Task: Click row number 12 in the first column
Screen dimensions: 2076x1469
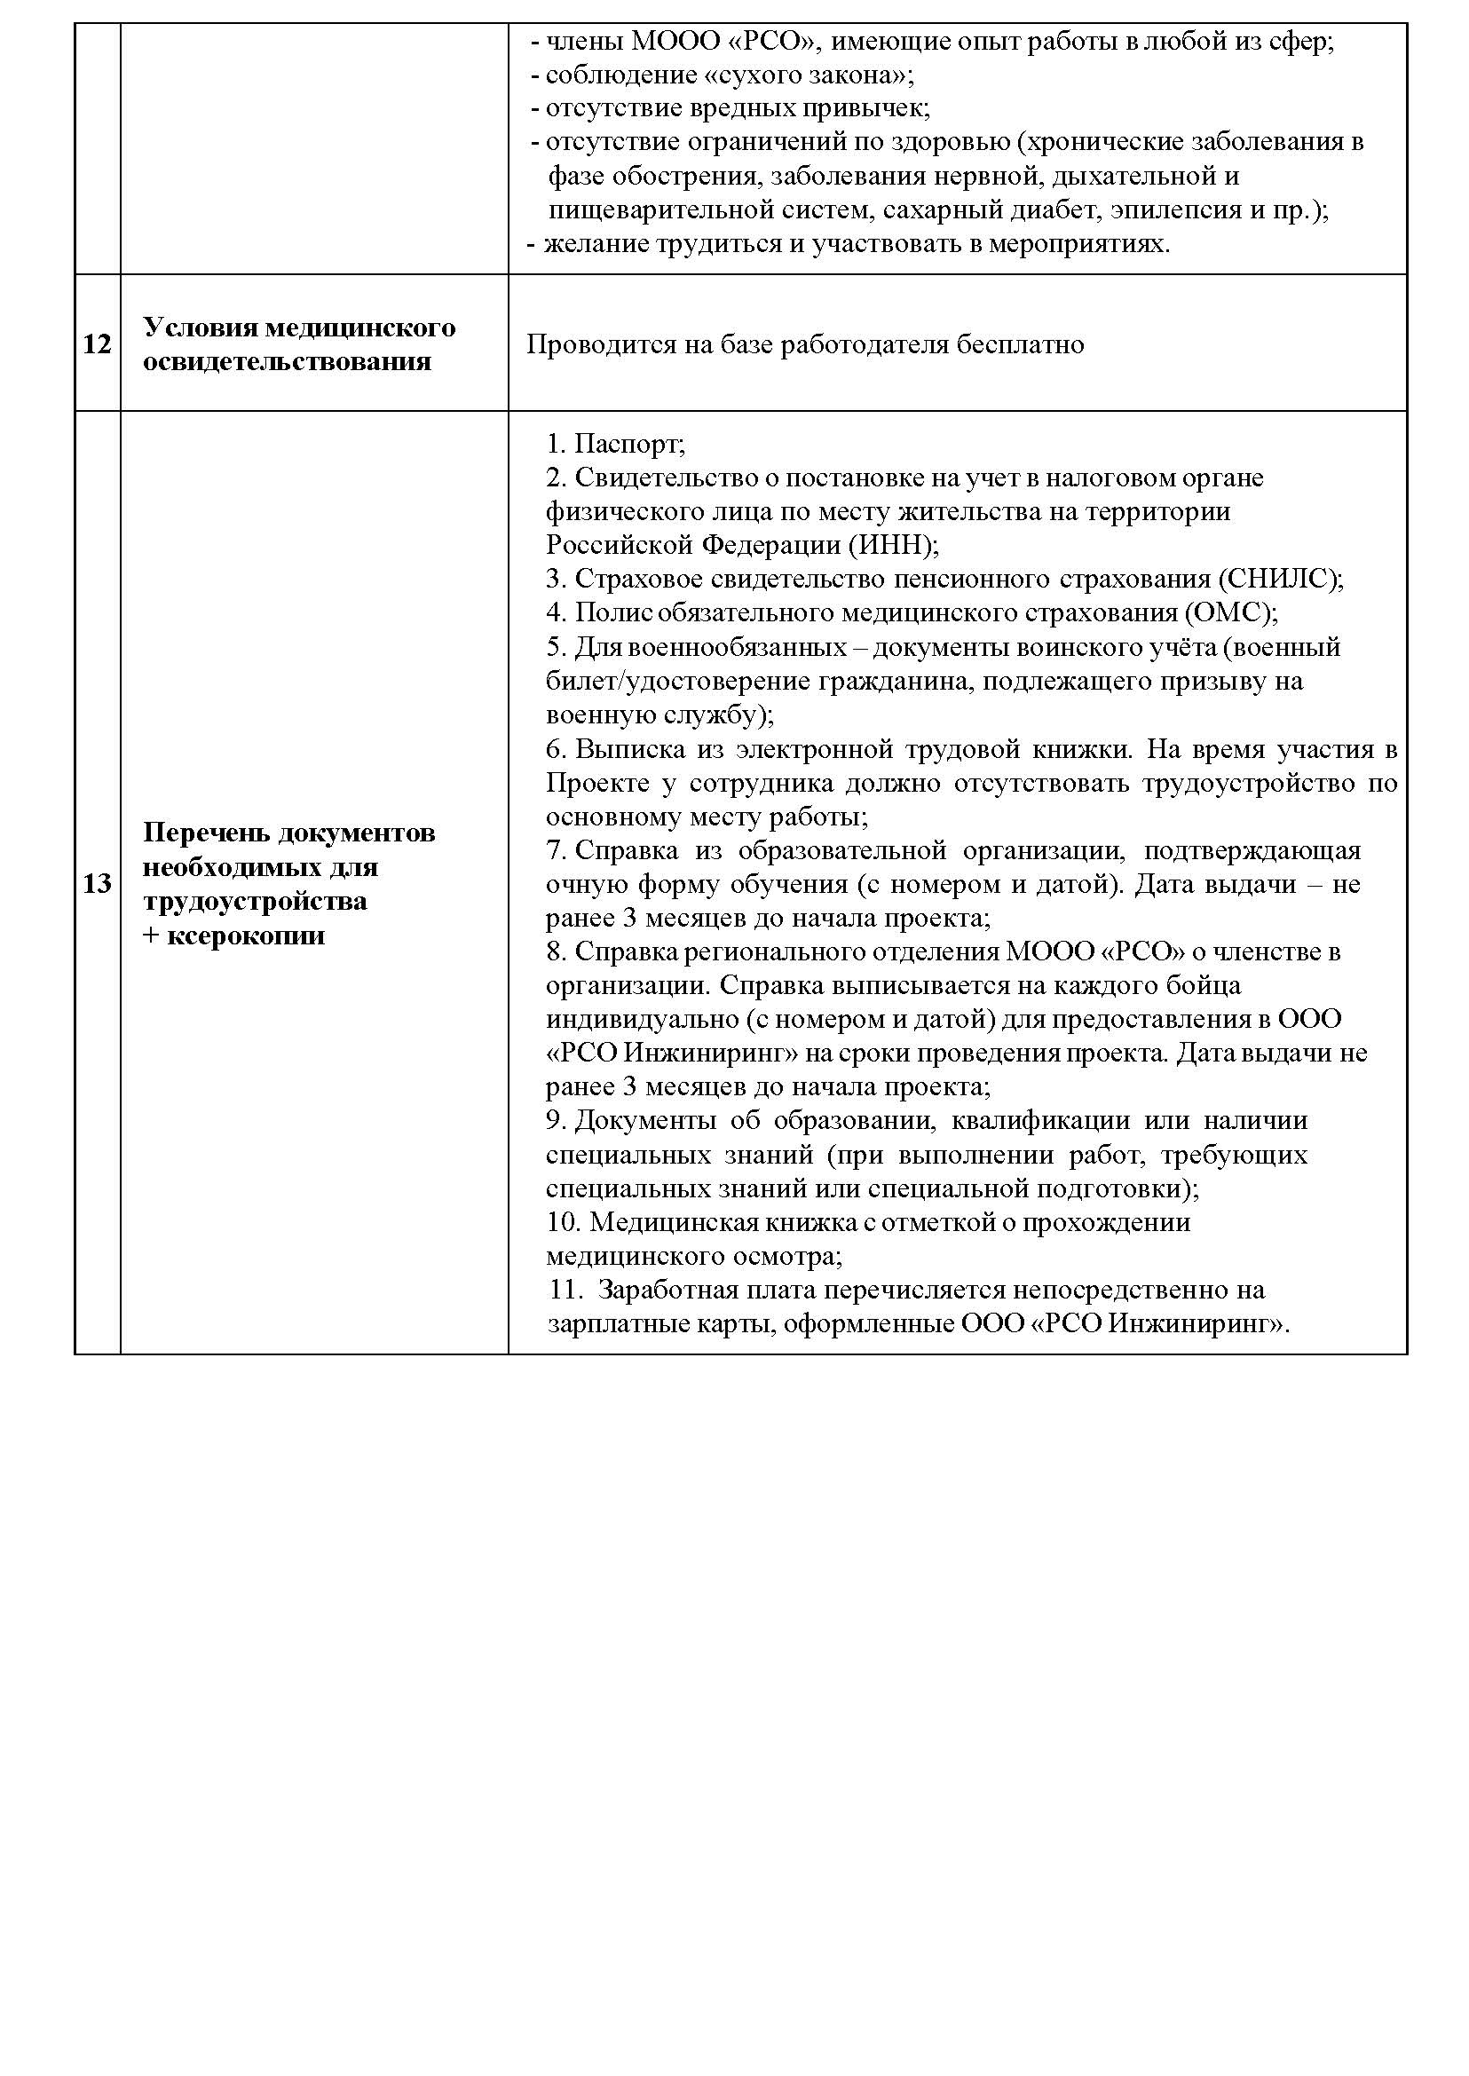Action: [97, 344]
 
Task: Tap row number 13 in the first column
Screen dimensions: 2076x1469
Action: [97, 883]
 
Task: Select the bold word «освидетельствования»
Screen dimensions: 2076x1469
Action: [287, 362]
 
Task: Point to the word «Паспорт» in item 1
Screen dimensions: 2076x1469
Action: [627, 444]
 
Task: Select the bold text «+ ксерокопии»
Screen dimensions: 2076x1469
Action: [233, 935]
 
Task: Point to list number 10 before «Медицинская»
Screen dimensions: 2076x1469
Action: [562, 1222]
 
